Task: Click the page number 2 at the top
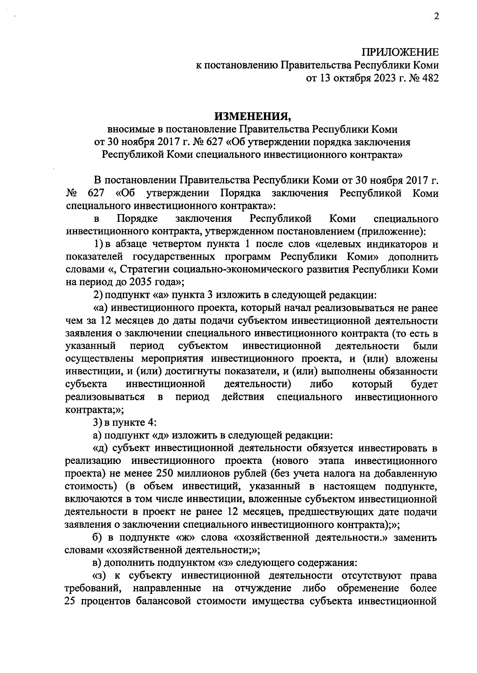click(x=436, y=17)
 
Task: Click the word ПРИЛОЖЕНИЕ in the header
click(x=400, y=52)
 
